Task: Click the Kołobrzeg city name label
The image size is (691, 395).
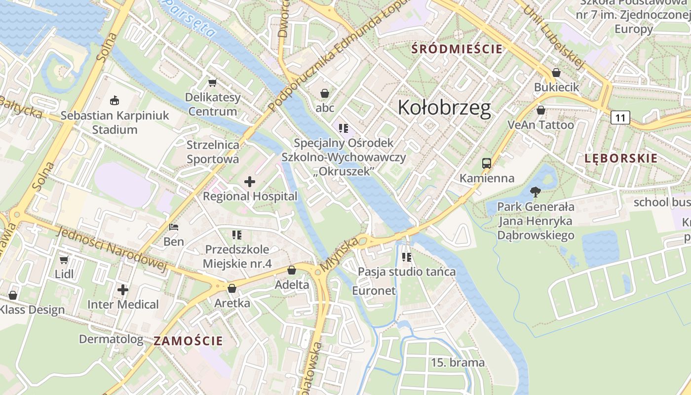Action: (444, 108)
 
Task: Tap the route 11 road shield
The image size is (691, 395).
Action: (620, 118)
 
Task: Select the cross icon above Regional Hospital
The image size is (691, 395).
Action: (250, 182)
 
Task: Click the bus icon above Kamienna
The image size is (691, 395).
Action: (487, 163)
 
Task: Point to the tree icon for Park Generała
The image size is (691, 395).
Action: (535, 192)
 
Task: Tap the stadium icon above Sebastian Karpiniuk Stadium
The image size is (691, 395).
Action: (115, 101)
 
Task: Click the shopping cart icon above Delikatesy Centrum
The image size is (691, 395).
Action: (213, 82)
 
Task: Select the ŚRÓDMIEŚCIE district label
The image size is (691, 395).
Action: (457, 49)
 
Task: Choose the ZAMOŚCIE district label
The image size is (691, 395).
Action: (188, 341)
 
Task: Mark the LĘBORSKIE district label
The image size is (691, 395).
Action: (621, 158)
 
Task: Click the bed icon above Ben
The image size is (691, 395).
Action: (174, 227)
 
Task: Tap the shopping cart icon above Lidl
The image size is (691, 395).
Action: (64, 259)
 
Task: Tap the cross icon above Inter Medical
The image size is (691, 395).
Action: (123, 290)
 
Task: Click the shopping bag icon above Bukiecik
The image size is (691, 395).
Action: (556, 73)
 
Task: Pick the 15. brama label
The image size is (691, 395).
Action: (458, 362)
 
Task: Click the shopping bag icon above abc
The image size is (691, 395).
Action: (325, 93)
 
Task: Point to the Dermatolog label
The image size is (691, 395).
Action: (111, 339)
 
